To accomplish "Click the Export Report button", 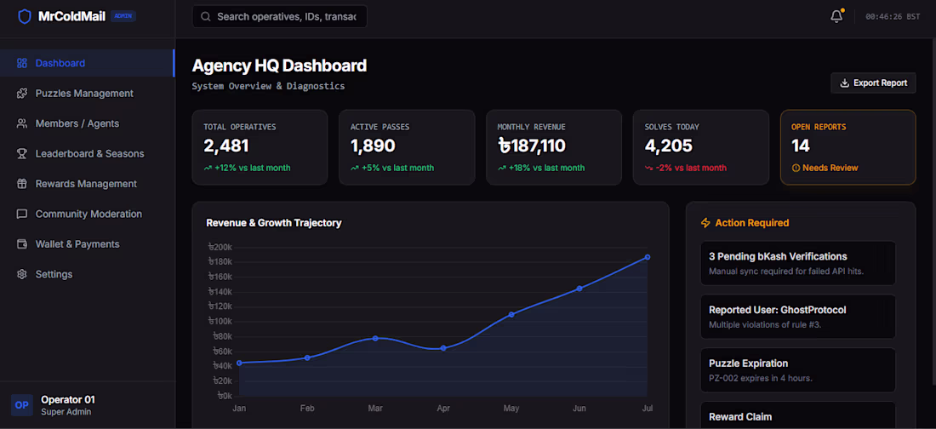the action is pyautogui.click(x=873, y=83).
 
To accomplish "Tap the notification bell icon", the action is pyautogui.click(x=836, y=17).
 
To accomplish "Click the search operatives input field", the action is pyautogui.click(x=279, y=17).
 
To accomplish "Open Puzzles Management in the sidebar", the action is pyautogui.click(x=84, y=94).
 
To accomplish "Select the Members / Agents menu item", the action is pyautogui.click(x=77, y=123).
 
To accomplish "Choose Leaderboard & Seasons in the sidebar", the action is pyautogui.click(x=89, y=153).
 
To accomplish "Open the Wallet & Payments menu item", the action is pyautogui.click(x=77, y=243).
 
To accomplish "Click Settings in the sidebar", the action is pyautogui.click(x=54, y=274).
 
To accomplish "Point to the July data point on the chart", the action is pyautogui.click(x=647, y=257).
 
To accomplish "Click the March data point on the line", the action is pyautogui.click(x=375, y=338).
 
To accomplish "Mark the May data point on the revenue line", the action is pyautogui.click(x=511, y=314).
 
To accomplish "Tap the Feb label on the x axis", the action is pyautogui.click(x=307, y=409).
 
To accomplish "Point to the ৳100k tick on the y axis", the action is pyautogui.click(x=220, y=322).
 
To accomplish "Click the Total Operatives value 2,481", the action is pyautogui.click(x=226, y=146).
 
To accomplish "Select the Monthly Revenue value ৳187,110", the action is pyautogui.click(x=531, y=146).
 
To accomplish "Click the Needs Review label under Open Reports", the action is pyautogui.click(x=825, y=168).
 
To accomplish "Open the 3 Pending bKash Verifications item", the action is pyautogui.click(x=797, y=263).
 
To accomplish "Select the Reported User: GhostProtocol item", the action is pyautogui.click(x=797, y=317).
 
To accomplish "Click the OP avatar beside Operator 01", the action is pyautogui.click(x=21, y=405).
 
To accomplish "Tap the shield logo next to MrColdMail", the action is pyautogui.click(x=25, y=16).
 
